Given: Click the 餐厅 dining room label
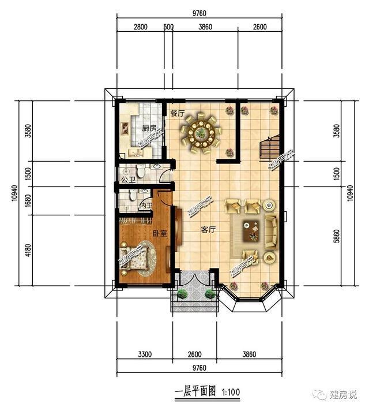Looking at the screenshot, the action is tap(178, 114).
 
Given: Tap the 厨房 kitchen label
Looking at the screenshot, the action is tap(149, 128).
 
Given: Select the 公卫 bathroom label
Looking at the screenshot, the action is tap(128, 180).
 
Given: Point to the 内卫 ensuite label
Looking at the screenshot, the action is tap(146, 206).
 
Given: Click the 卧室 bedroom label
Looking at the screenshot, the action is tap(160, 234).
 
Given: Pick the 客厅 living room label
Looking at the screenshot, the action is tap(208, 230).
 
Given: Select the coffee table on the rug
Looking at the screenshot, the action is tap(251, 231).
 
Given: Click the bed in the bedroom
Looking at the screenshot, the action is tap(134, 259).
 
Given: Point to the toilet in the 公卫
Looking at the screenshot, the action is tap(141, 172).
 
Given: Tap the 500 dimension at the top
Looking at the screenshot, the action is tap(169, 27).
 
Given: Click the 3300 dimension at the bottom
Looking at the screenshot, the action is tap(145, 354).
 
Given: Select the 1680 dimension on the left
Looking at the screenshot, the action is tap(29, 201).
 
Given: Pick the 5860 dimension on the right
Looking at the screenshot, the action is tap(337, 236).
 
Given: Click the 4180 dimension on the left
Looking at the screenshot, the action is tap(29, 251).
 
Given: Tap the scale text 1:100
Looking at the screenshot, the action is tap(231, 393).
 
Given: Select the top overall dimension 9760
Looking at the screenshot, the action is tap(199, 13).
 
